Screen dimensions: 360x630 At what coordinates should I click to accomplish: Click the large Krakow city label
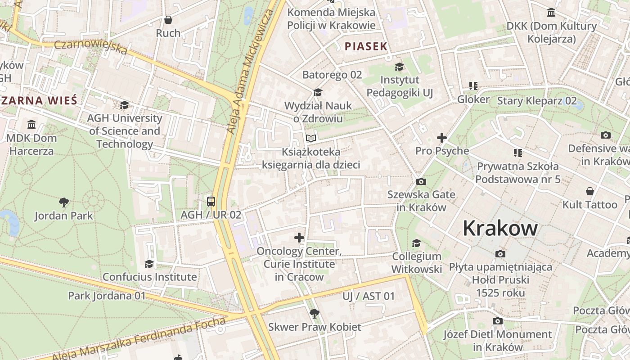pyautogui.click(x=500, y=228)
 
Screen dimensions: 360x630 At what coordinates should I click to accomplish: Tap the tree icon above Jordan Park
pyautogui.click(x=64, y=202)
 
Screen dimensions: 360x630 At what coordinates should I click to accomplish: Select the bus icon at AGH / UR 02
pyautogui.click(x=211, y=201)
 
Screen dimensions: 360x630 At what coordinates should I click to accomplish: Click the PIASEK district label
pyautogui.click(x=366, y=46)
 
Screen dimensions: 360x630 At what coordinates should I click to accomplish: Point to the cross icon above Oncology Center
pyautogui.click(x=299, y=237)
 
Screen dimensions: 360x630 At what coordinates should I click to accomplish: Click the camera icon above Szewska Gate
pyautogui.click(x=421, y=181)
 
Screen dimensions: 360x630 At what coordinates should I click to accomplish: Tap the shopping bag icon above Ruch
pyautogui.click(x=168, y=20)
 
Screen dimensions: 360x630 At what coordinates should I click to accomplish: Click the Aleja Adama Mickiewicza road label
pyautogui.click(x=250, y=67)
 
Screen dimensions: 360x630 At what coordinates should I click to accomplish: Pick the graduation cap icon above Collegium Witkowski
pyautogui.click(x=416, y=243)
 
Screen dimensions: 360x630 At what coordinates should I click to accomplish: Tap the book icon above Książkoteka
pyautogui.click(x=311, y=138)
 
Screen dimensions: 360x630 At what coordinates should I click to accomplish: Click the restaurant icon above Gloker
pyautogui.click(x=473, y=85)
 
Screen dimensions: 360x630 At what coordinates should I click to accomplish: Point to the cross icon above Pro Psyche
pyautogui.click(x=441, y=138)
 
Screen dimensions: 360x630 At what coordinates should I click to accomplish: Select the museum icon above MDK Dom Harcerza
pyautogui.click(x=31, y=124)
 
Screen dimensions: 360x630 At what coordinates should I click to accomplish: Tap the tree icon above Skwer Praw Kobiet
pyautogui.click(x=315, y=313)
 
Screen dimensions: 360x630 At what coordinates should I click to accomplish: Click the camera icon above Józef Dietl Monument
pyautogui.click(x=497, y=321)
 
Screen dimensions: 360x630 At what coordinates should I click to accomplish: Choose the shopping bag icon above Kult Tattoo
pyautogui.click(x=589, y=192)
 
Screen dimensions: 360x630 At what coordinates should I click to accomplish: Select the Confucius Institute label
pyautogui.click(x=149, y=277)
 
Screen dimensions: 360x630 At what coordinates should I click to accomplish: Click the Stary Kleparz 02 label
pyautogui.click(x=536, y=100)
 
